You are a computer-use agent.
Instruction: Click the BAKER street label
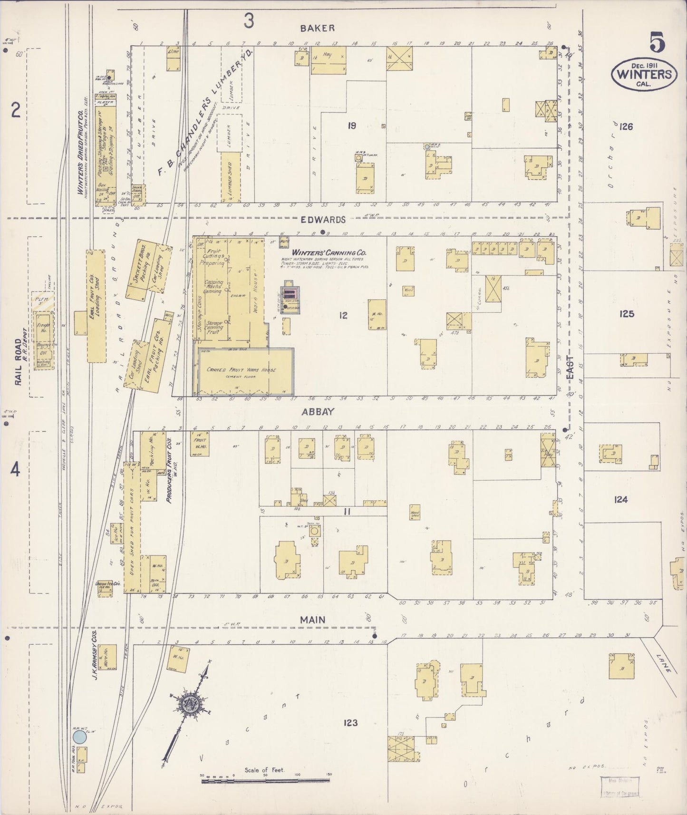(317, 28)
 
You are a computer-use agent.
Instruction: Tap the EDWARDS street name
(329, 220)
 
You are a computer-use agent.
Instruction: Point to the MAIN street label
(312, 620)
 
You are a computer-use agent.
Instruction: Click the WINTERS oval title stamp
(644, 74)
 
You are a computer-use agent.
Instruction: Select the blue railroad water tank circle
(79, 737)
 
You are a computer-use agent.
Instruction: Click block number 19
(352, 126)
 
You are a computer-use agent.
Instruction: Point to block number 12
(343, 315)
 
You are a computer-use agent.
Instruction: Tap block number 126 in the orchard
(626, 126)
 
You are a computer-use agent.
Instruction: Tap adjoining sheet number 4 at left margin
(16, 470)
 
